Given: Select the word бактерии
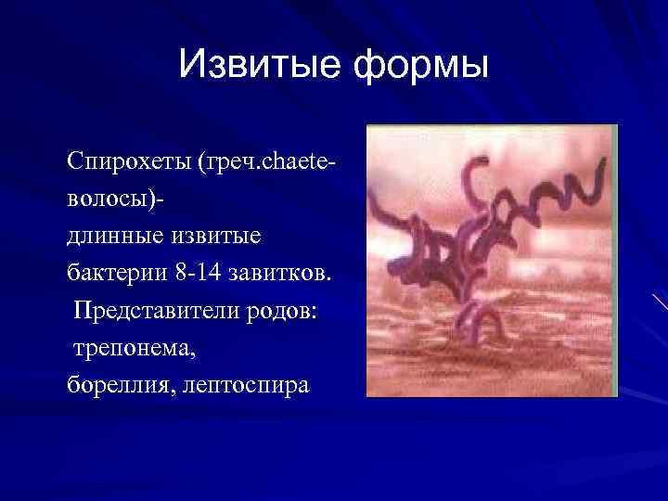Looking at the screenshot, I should (x=114, y=274).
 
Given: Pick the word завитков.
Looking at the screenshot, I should (x=284, y=274).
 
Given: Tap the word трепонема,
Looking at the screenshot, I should (x=130, y=349).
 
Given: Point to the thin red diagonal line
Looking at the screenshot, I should (x=659, y=301).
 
